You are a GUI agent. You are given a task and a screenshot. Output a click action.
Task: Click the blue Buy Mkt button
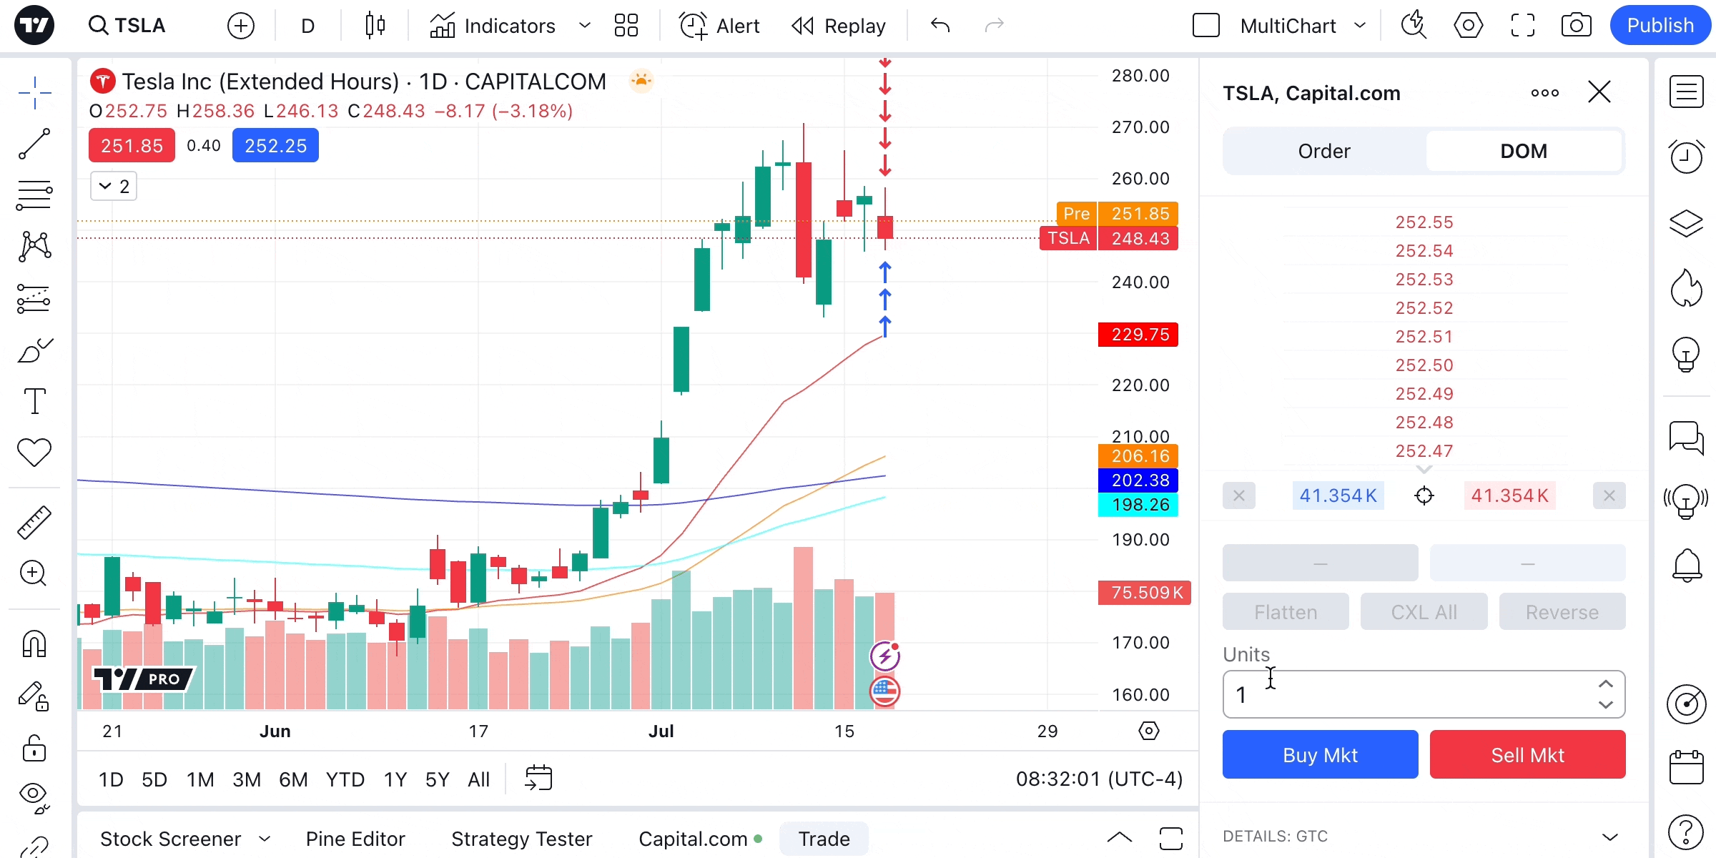1320,755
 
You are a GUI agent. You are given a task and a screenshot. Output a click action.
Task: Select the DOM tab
1523,151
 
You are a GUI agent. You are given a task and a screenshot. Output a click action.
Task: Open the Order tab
1324,151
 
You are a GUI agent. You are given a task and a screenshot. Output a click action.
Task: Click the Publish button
1660,26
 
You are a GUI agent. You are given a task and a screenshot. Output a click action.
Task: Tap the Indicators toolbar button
493,26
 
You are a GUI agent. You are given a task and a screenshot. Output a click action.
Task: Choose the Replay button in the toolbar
839,26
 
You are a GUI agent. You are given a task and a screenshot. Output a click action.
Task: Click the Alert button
719,26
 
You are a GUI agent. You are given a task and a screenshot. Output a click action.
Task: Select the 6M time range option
293,779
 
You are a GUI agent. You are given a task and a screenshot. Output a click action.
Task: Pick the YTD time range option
345,779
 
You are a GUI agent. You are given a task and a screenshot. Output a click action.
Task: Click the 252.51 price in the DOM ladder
1424,337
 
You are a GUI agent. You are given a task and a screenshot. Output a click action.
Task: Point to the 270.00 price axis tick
1140,127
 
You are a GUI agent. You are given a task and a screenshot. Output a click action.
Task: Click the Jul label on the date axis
661,731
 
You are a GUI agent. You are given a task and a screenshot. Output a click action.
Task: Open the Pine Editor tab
355,839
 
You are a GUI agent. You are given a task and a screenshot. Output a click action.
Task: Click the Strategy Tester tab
521,839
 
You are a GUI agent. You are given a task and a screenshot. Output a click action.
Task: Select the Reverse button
1562,612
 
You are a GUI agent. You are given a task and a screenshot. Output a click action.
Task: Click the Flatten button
1286,612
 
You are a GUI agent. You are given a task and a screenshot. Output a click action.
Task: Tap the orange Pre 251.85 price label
1118,214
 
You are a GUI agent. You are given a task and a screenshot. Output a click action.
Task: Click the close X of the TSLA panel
1599,92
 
